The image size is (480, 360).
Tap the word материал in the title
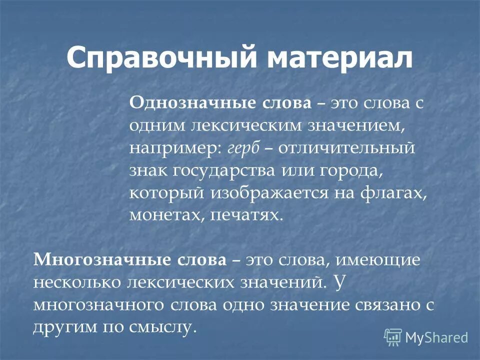pyautogui.click(x=339, y=59)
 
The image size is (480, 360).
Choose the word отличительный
pyautogui.click(x=346, y=148)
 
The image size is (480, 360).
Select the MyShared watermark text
pyautogui.click(x=436, y=337)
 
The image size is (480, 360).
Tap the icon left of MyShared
pyautogui.click(x=393, y=337)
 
